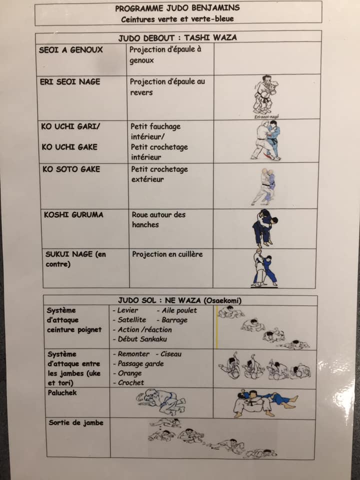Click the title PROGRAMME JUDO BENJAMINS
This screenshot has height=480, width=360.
coord(177,8)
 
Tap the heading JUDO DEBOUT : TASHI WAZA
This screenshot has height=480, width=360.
coord(177,37)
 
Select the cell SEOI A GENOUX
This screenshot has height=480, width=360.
coord(70,50)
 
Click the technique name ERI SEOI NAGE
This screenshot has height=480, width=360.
coord(70,81)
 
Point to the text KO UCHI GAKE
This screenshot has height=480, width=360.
coord(69,147)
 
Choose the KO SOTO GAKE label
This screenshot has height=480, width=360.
coord(71,169)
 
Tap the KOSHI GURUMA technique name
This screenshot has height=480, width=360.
coord(73,214)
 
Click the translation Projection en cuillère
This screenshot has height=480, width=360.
coord(167,254)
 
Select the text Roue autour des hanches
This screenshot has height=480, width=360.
coord(158,219)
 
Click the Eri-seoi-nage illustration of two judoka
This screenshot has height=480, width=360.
coord(265,95)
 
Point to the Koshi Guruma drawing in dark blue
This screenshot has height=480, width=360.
coord(264,228)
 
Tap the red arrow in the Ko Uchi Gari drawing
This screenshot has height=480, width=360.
coord(269,155)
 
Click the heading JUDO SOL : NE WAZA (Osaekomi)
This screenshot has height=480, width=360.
coord(179,300)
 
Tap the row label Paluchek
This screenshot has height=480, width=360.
coord(62,392)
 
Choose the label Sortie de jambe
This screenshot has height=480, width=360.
coord(76,423)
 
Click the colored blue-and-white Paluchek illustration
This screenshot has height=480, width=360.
coord(265,403)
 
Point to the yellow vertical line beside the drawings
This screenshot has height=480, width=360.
coord(217,327)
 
